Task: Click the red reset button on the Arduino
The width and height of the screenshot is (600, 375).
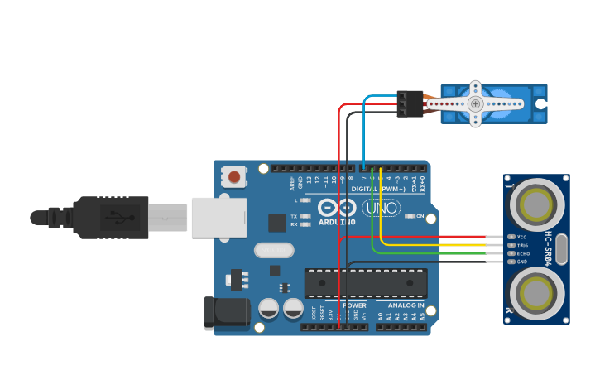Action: point(234,176)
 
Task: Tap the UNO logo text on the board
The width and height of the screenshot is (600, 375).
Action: point(382,208)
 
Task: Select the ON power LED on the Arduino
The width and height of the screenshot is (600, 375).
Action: point(419,217)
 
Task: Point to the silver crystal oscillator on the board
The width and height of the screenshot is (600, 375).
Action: point(273,249)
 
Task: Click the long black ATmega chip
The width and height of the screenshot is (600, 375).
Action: point(366,283)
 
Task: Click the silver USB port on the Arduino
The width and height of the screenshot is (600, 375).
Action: point(218,217)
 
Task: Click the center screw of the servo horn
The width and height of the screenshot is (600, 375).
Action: point(475,103)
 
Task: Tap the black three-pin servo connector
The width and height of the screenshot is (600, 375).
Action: point(410,103)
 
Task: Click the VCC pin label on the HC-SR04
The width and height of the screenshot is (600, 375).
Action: point(521,237)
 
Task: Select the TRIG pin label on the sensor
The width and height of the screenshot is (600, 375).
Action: point(521,245)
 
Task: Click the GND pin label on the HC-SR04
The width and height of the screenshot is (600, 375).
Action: point(521,262)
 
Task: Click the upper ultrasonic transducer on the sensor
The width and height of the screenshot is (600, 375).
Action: point(536,204)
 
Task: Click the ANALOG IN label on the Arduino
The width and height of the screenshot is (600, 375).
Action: point(401,305)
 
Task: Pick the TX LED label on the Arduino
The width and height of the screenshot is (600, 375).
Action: point(295,217)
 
